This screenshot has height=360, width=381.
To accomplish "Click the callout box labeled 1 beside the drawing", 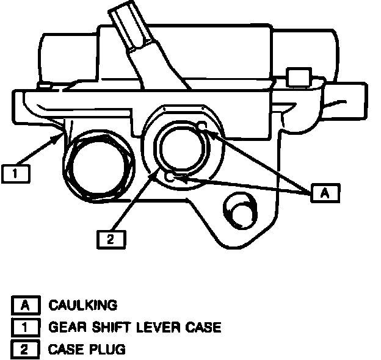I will (x=16, y=174).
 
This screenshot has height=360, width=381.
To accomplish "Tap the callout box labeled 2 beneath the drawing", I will (x=111, y=239).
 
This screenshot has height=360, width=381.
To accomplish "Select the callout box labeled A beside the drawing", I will (x=325, y=192).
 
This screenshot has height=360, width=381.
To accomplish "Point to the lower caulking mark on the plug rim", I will (x=171, y=178).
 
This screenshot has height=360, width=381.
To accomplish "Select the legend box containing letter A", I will (x=25, y=304).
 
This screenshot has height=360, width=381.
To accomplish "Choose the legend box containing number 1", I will (x=25, y=327).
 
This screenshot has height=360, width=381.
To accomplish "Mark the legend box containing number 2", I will (x=25, y=350).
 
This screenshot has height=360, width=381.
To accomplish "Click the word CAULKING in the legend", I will (x=82, y=304).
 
